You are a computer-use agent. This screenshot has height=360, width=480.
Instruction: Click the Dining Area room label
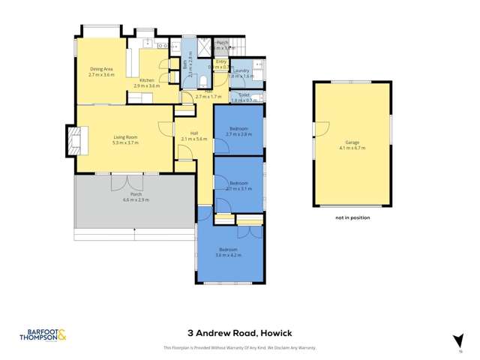pyautogui.click(x=101, y=69)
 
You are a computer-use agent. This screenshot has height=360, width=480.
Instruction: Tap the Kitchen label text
pyautogui.click(x=146, y=80)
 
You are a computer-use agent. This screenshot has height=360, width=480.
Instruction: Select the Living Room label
pyautogui.click(x=125, y=136)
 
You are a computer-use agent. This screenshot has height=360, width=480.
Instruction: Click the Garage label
pyautogui.click(x=352, y=142)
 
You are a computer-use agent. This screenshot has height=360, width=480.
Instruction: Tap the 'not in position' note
pyautogui.click(x=352, y=218)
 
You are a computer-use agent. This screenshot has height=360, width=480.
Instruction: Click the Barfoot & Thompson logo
pyautogui.click(x=43, y=335)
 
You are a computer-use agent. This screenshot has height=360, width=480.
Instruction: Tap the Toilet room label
pyautogui.click(x=244, y=94)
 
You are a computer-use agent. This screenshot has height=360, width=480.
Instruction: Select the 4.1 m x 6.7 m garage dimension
pyautogui.click(x=352, y=148)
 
